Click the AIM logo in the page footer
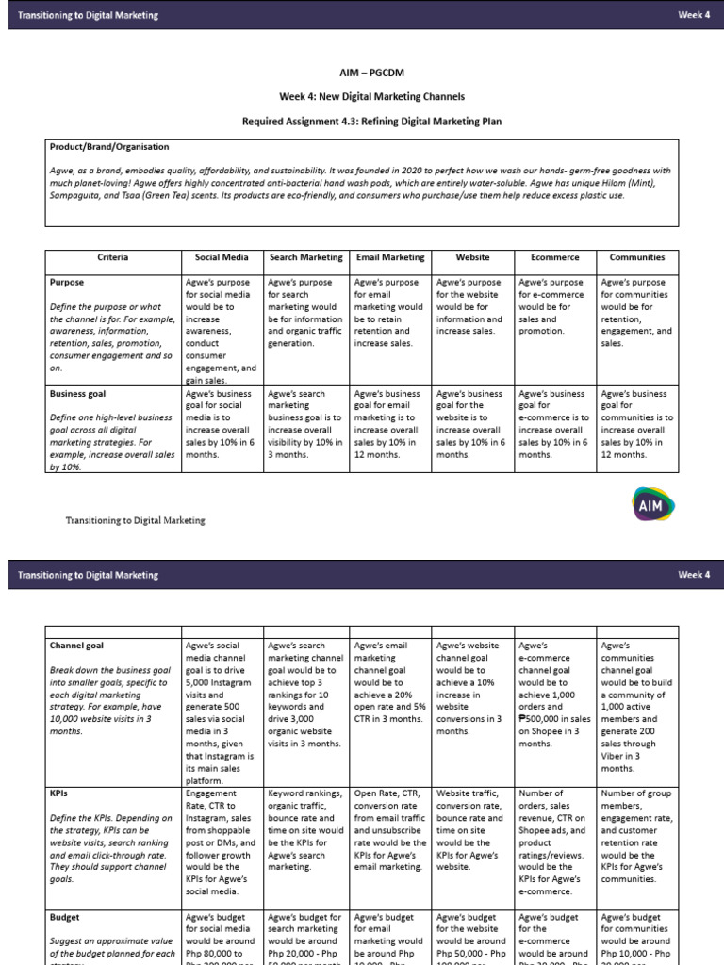point(650,505)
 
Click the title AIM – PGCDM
point(362,72)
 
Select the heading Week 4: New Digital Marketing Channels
point(362,96)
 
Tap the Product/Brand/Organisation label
point(109,147)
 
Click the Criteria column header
point(112,256)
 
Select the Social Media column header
point(222,256)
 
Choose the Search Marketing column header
point(305,256)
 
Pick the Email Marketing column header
point(389,256)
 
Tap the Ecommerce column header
point(555,256)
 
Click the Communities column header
point(637,256)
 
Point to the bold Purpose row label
point(67,282)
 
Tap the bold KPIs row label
point(59,793)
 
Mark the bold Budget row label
point(64,916)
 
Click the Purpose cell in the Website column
point(471,313)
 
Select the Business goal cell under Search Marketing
point(305,423)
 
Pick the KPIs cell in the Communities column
point(637,836)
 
